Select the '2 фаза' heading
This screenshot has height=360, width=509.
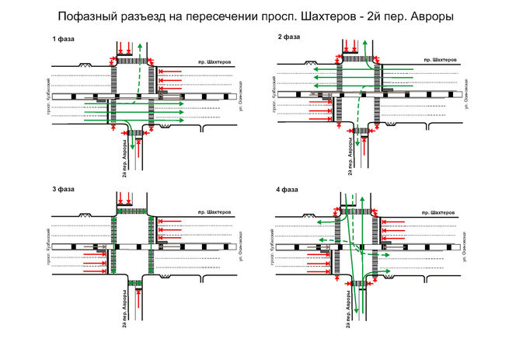tap(288, 37)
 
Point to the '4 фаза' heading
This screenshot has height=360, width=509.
tap(288, 189)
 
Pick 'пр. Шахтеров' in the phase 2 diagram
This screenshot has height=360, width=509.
tap(439, 59)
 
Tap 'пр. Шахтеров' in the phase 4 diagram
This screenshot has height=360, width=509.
tap(439, 211)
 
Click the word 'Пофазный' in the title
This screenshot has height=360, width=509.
tap(91, 16)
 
